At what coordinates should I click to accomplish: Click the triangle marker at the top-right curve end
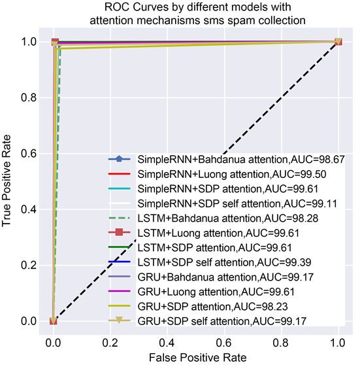tap(338, 42)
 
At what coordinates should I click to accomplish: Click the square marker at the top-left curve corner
tap(55, 42)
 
